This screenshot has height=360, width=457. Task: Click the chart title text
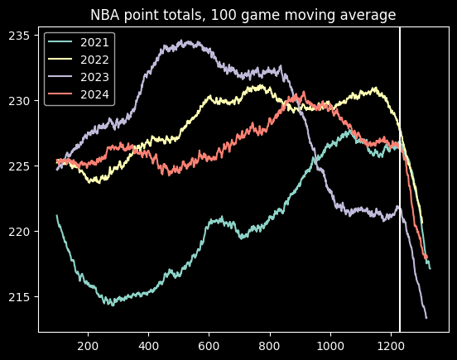click(243, 14)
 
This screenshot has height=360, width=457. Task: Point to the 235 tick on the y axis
click(20, 35)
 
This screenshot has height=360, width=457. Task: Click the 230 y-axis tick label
click(20, 101)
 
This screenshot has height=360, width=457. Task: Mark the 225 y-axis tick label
click(20, 166)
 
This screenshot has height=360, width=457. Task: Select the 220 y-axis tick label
click(20, 232)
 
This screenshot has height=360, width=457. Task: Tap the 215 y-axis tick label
click(20, 297)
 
